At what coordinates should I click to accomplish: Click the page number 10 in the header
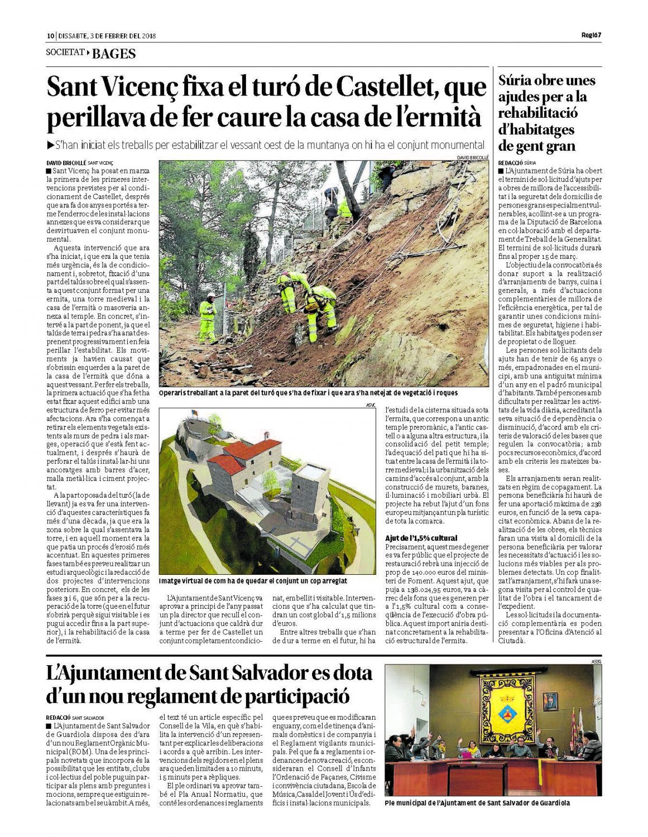click(50, 36)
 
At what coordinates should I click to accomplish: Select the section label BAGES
click(114, 54)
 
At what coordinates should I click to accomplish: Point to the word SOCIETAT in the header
click(65, 53)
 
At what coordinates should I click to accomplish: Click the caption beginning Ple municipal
click(477, 803)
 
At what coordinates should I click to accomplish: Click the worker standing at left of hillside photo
click(208, 318)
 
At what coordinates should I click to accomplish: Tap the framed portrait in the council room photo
click(550, 700)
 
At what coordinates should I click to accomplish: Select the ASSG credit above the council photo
click(596, 662)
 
